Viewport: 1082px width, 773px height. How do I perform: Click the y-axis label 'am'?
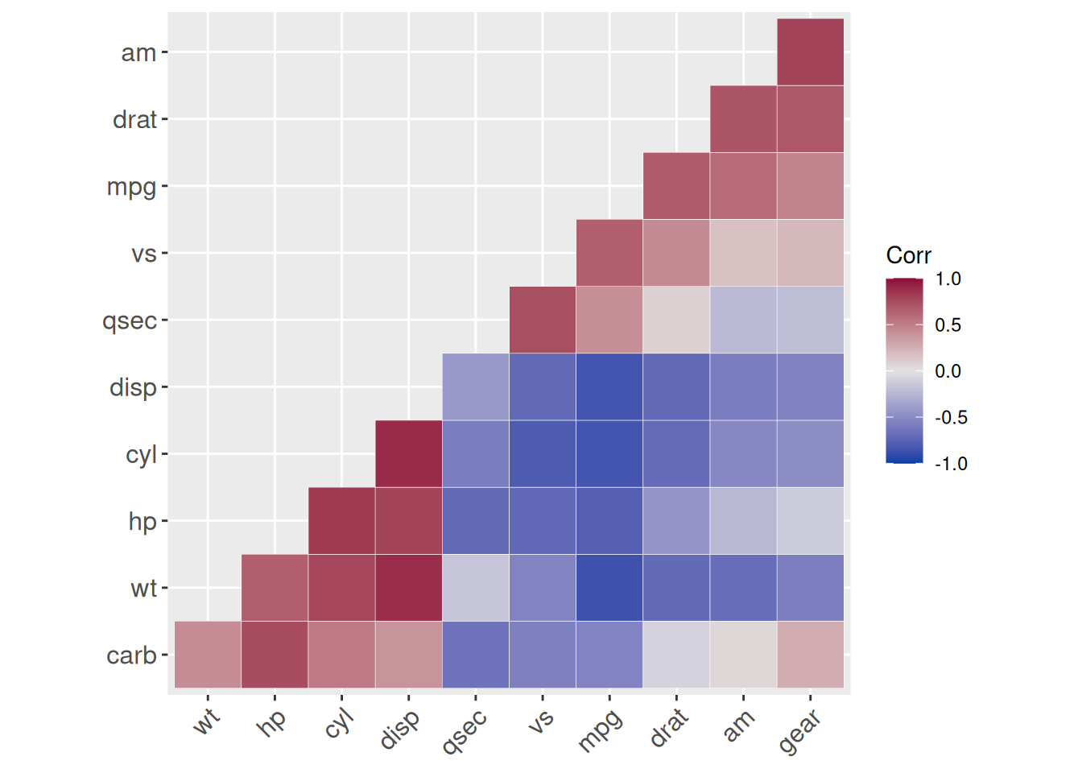(x=138, y=53)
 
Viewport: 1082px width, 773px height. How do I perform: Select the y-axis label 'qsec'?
(x=130, y=320)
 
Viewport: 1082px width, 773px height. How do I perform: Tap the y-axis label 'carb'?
(x=132, y=655)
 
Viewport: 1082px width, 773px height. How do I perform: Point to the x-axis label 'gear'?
(x=799, y=731)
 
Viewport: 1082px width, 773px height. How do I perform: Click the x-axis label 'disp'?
(x=399, y=729)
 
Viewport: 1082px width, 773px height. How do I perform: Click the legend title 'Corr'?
(x=908, y=255)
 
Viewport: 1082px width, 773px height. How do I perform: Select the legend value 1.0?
(x=948, y=279)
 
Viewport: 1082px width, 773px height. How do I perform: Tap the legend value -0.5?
(x=950, y=418)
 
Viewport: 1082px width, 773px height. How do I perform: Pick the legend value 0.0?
(x=948, y=371)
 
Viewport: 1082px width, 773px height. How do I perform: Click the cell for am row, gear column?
(x=810, y=52)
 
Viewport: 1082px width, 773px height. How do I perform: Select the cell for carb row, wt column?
(x=208, y=655)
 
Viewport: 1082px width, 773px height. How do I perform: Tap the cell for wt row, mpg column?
(x=609, y=588)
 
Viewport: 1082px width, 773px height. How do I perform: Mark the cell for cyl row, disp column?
(x=408, y=454)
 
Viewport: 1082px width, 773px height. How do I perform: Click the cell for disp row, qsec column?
(x=475, y=386)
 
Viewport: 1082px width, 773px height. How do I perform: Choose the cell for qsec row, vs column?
(x=542, y=320)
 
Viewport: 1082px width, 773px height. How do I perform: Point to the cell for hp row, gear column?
(x=810, y=521)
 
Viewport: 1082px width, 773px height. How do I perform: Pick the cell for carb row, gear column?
(x=810, y=655)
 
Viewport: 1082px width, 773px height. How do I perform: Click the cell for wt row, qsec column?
(x=475, y=588)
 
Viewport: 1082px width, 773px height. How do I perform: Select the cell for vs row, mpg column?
(x=609, y=253)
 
